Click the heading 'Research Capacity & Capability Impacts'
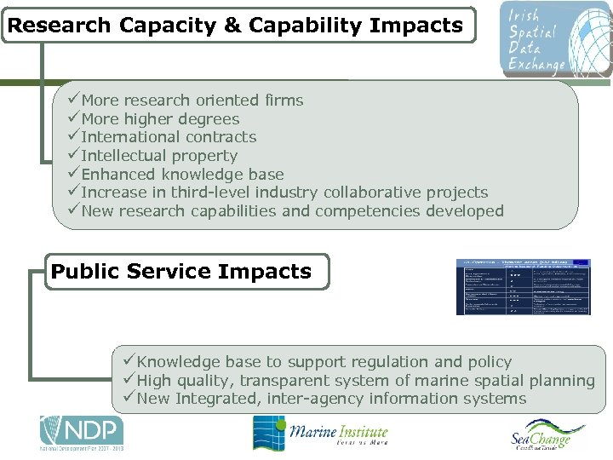tap(235, 25)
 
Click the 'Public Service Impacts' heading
tap(181, 272)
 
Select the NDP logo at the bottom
tap(81, 433)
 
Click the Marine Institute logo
tap(320, 434)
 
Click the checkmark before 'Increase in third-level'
tap(73, 193)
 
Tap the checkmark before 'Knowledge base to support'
tap(129, 362)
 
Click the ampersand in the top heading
tap(232, 25)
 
